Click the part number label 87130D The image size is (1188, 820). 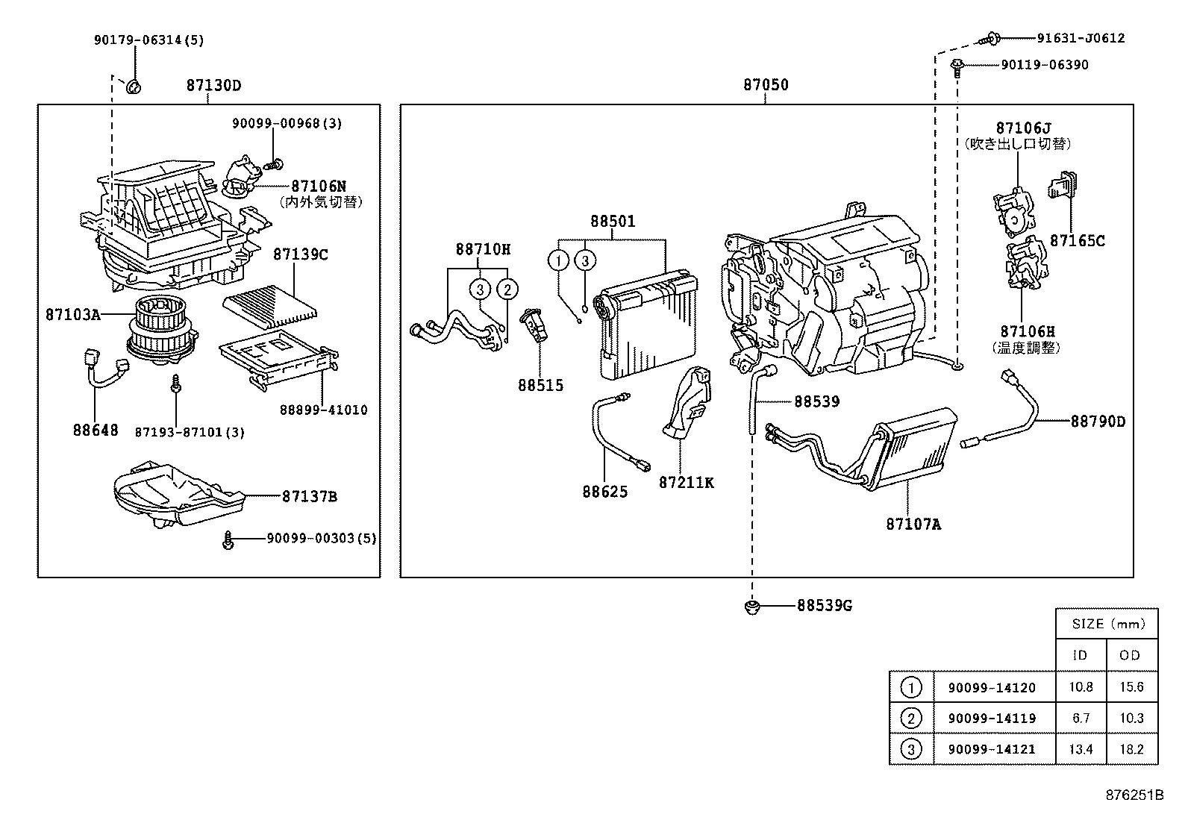click(x=213, y=85)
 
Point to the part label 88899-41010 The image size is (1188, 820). click(x=323, y=410)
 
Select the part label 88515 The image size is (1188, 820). click(x=541, y=385)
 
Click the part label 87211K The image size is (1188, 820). click(x=686, y=483)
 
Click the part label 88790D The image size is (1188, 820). click(x=1098, y=422)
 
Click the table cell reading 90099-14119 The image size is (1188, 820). click(x=992, y=718)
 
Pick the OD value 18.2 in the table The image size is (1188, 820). click(x=1131, y=748)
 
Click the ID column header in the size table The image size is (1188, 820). click(x=1079, y=655)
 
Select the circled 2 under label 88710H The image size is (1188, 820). click(x=507, y=289)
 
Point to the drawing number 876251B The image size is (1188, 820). click(x=1134, y=795)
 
